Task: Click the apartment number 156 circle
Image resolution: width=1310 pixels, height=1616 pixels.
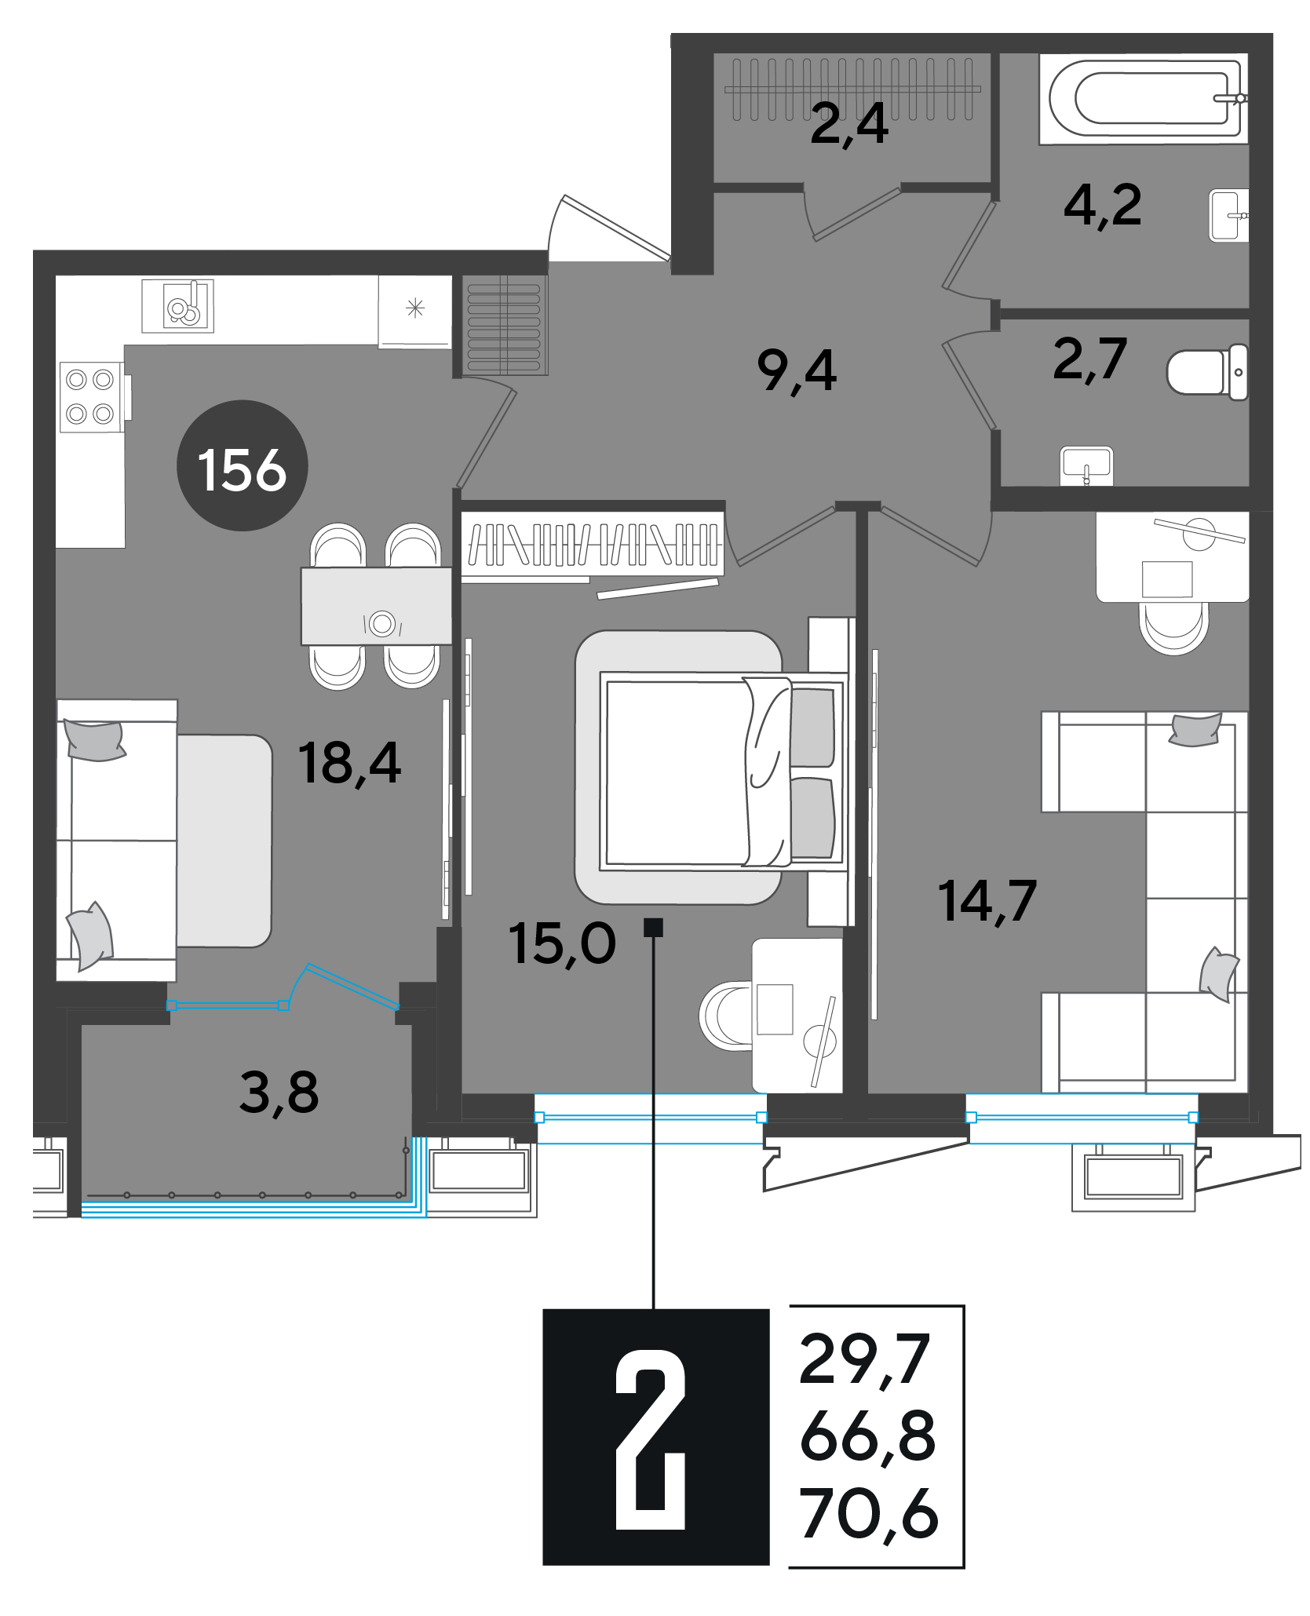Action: point(243,466)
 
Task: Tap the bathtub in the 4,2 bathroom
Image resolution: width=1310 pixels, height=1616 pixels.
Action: point(1144,99)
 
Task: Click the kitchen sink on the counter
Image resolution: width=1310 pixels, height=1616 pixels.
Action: point(177,306)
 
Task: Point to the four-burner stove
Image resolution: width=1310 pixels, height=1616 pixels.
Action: point(91,397)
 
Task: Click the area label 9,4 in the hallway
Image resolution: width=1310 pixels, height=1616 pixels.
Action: point(797,371)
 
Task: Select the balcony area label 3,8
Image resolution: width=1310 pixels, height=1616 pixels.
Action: point(279,1093)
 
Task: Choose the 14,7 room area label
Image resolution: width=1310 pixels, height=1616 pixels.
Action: point(987,901)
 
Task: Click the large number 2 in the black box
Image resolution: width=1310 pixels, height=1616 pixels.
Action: point(651,1440)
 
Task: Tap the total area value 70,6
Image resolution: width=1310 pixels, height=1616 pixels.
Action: point(869,1514)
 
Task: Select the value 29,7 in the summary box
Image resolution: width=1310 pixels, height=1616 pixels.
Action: point(864,1359)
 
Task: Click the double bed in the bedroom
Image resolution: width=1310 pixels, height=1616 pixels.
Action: point(723,773)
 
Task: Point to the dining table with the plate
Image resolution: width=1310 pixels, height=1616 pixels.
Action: point(377,606)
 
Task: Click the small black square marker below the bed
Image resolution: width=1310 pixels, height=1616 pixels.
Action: point(653,927)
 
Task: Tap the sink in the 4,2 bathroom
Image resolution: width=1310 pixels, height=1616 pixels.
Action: point(1228,215)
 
